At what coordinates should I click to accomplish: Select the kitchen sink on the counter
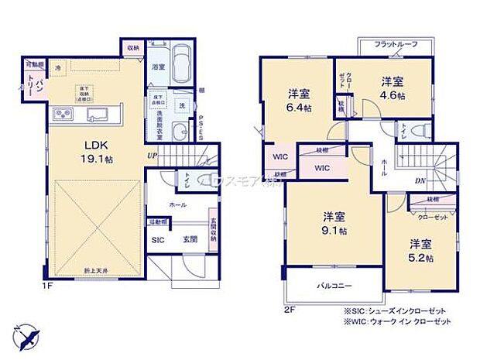98,116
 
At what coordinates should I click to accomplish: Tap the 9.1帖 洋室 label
332,222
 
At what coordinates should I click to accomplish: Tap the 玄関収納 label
212,228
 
